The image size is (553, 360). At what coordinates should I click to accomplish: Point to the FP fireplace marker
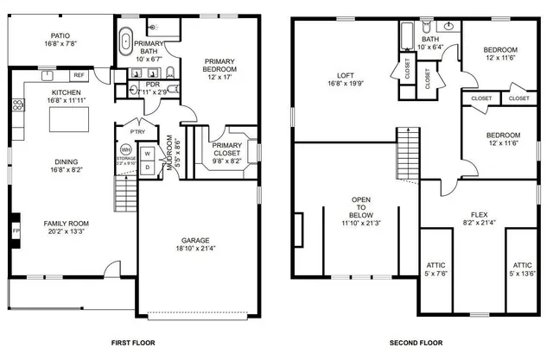click(x=15, y=231)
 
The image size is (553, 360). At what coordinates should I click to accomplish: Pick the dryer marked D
click(x=147, y=167)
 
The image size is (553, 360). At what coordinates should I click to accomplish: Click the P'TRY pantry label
click(x=137, y=131)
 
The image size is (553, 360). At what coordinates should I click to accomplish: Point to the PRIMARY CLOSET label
click(x=227, y=150)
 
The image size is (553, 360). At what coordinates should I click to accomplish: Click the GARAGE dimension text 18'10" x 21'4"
click(x=197, y=249)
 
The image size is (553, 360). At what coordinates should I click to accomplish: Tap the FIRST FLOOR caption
click(x=133, y=343)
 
